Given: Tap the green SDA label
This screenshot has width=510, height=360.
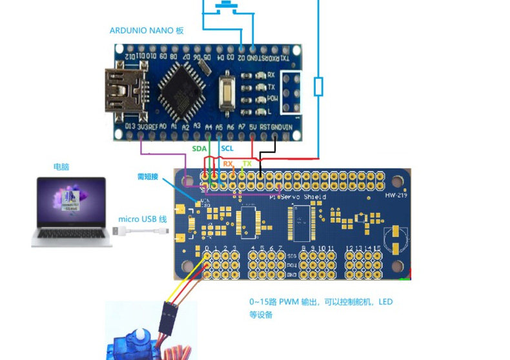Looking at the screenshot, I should click(x=199, y=148).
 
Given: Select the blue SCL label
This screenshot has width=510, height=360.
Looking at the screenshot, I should click(x=227, y=148).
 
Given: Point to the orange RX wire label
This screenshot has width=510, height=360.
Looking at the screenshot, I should click(x=228, y=164).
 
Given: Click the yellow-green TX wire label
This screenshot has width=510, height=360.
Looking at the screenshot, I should click(x=247, y=164).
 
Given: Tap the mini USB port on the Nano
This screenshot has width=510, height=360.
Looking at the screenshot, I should click(x=123, y=91).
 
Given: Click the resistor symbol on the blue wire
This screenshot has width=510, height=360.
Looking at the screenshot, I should click(x=318, y=86).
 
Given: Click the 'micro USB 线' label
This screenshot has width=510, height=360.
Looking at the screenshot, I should click(x=142, y=219).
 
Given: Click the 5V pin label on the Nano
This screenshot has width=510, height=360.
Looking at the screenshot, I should click(x=252, y=127).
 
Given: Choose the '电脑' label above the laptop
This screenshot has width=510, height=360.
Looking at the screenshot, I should click(x=61, y=166).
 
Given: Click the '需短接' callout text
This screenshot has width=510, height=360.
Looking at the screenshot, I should click(x=148, y=176).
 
